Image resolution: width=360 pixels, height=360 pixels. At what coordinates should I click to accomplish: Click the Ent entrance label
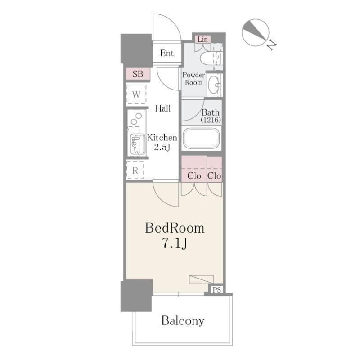(x=167, y=53)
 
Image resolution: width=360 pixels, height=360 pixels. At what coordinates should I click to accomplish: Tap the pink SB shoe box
(x=138, y=74)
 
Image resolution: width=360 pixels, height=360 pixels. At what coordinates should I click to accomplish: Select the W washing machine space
(x=136, y=94)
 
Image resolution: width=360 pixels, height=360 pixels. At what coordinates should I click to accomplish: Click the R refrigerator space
(x=135, y=170)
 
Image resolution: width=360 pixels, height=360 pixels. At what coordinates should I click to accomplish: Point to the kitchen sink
(x=138, y=144)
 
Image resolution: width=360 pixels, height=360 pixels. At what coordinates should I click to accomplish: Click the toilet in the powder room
(x=211, y=58)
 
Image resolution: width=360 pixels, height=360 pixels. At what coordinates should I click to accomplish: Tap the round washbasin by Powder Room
(x=215, y=85)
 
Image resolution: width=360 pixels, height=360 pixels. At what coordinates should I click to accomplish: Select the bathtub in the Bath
(x=201, y=138)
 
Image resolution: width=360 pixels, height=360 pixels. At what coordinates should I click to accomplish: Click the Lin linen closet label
(x=203, y=40)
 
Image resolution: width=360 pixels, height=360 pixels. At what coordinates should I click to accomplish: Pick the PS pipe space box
(x=217, y=289)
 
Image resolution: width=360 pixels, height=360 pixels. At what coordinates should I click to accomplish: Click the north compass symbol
(x=255, y=32)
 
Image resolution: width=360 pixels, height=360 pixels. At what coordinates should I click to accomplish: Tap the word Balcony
(x=183, y=321)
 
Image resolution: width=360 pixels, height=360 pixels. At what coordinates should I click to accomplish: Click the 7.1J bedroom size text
(x=175, y=243)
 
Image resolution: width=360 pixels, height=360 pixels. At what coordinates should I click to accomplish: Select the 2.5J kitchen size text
(x=162, y=147)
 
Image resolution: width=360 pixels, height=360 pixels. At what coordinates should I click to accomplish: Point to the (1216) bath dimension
(x=211, y=120)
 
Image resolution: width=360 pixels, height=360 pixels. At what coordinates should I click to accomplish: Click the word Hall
(x=163, y=108)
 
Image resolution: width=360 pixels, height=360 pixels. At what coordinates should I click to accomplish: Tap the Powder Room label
(x=194, y=78)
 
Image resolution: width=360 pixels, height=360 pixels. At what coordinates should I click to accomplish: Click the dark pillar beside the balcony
(x=137, y=296)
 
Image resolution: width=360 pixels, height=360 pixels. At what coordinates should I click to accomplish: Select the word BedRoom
(x=175, y=228)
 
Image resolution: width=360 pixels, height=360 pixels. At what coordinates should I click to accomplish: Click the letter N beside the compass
(x=272, y=45)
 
